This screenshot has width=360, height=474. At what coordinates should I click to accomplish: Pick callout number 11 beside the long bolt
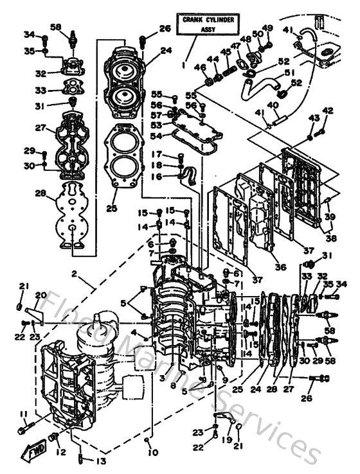pyautogui.click(x=23, y=414)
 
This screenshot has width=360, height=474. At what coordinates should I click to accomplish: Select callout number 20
pyautogui.click(x=40, y=296)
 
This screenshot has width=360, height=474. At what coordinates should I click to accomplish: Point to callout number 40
pyautogui.click(x=273, y=105)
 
